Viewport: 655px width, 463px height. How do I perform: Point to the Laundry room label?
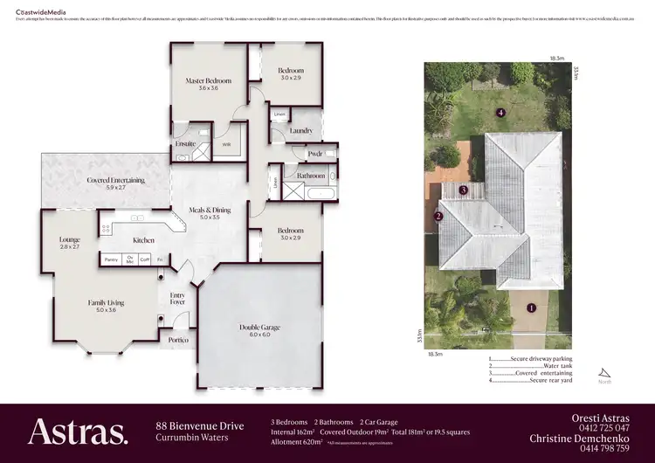(x=301, y=131)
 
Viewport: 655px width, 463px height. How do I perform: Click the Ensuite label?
(x=185, y=142)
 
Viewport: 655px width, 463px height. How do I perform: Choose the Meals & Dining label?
(x=210, y=210)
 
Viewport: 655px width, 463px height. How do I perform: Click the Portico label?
(x=178, y=339)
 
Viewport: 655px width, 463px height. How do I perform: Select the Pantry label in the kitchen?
(x=111, y=259)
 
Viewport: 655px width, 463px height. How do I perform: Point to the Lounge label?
(x=70, y=240)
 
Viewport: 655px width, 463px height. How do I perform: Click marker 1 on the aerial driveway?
(x=530, y=307)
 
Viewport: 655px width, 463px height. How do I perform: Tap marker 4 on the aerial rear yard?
(x=500, y=113)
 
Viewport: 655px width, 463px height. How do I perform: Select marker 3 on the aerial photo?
(x=464, y=190)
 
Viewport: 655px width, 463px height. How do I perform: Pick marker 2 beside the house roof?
(x=439, y=217)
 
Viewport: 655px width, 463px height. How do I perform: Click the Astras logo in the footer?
(x=78, y=431)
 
